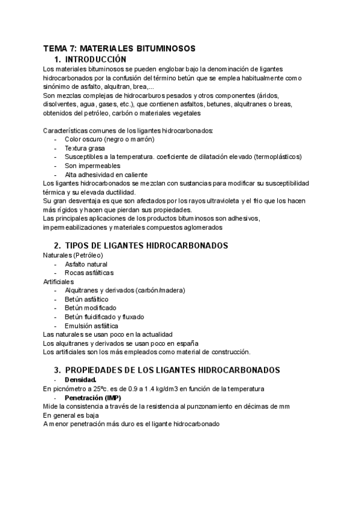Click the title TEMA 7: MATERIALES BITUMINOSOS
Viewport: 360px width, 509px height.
pyautogui.click(x=119, y=48)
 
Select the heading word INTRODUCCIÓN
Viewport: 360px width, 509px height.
pyautogui.click(x=95, y=59)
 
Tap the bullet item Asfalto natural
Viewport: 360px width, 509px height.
pyautogui.click(x=86, y=264)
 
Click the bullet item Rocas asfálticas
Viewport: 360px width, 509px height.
pyautogui.click(x=89, y=273)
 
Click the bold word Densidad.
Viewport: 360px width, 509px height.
pyautogui.click(x=80, y=380)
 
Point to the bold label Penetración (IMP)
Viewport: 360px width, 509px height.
pyautogui.click(x=92, y=397)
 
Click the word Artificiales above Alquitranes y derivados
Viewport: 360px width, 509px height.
pyautogui.click(x=59, y=281)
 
